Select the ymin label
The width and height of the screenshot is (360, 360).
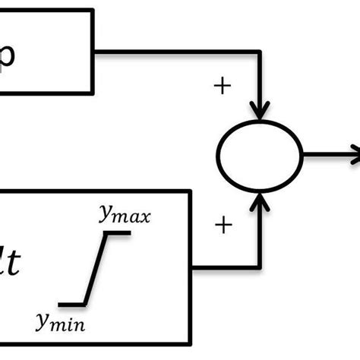point(60,324)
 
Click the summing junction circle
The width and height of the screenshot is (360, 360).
point(260,156)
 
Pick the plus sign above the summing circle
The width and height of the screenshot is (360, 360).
point(222,86)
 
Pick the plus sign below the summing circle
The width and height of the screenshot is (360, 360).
point(223,225)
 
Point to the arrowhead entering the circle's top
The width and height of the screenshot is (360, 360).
point(260,112)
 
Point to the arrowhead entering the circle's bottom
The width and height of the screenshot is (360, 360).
point(260,201)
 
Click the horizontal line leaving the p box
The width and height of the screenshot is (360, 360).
point(175,52)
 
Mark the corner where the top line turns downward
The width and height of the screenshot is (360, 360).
point(260,52)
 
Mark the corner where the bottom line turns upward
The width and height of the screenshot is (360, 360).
point(260,267)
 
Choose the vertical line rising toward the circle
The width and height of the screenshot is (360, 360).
point(260,235)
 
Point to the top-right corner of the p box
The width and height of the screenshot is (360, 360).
point(94,10)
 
